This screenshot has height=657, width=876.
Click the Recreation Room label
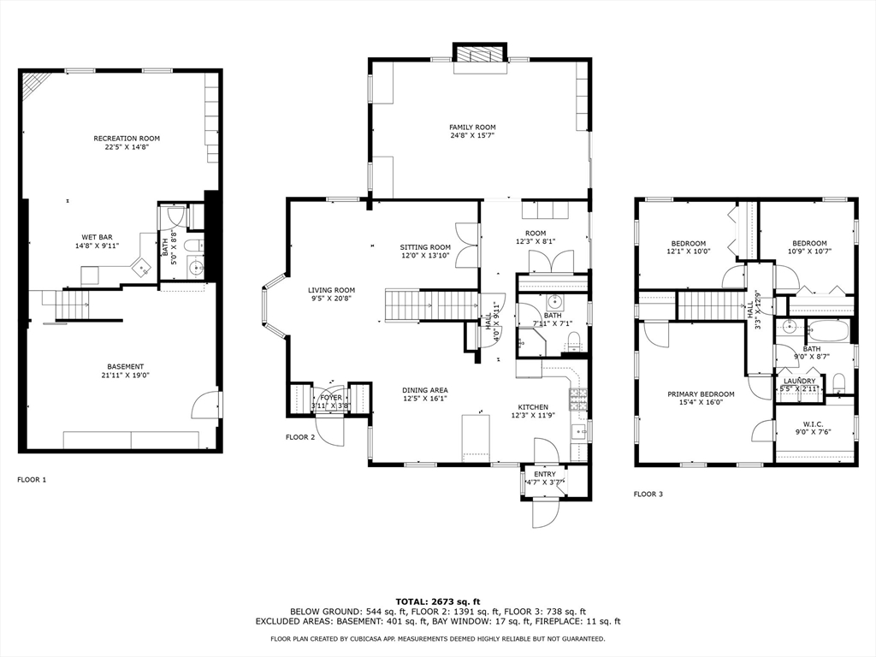pos(127,138)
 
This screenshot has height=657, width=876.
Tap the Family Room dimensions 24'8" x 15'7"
pos(472,135)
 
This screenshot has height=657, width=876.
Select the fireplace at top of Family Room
pos(479,54)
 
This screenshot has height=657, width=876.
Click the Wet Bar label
pos(97,237)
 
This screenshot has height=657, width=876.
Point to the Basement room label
pos(126,367)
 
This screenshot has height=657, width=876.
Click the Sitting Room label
pos(425,247)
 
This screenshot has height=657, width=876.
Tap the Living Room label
pos(332,290)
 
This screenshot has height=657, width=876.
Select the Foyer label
pos(330,398)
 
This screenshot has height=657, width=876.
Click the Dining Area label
pos(425,390)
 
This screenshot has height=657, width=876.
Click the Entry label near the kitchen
pos(545,474)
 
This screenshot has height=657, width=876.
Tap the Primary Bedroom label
pos(701,394)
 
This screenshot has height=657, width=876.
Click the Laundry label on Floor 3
pos(800,381)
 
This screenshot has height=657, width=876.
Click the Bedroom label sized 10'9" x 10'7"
pos(809,243)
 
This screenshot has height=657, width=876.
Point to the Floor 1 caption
pos(32,480)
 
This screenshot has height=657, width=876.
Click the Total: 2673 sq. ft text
pos(437,601)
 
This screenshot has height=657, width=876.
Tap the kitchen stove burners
pos(578,395)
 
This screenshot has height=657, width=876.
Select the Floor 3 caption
pos(648,494)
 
